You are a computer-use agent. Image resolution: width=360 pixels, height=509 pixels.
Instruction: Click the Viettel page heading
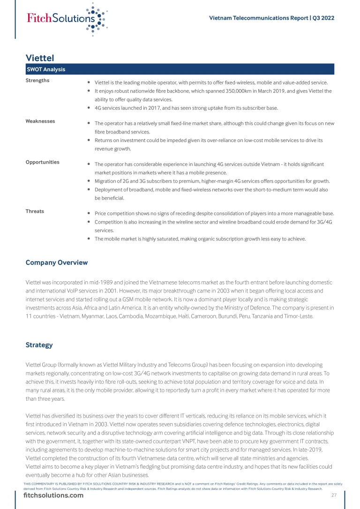coord(40,58)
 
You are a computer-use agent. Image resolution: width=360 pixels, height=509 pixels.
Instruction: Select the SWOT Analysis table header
coord(45,69)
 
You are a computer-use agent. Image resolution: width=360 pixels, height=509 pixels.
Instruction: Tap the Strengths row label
coord(37,80)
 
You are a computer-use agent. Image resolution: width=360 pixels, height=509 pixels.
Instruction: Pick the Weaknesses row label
coord(40,121)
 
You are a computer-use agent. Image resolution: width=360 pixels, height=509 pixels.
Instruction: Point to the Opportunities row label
coord(43,162)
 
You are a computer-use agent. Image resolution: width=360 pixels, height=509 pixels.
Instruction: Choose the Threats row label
coord(35,211)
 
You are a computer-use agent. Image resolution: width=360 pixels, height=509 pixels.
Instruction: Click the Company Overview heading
coord(56,262)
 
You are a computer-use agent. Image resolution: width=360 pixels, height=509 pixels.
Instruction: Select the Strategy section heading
coord(39,345)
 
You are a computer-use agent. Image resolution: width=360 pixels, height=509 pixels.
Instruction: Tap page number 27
coord(334,495)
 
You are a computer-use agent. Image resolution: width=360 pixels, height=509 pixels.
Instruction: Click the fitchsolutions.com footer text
coord(54,496)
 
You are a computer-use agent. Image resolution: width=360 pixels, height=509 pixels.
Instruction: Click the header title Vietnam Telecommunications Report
coord(258,18)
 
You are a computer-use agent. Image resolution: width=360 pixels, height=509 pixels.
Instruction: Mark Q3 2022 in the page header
coord(323,18)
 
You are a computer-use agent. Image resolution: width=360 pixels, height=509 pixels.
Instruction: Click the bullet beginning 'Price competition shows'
coord(89,213)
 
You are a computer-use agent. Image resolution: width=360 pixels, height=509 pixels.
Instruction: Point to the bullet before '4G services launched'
coord(89,108)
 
